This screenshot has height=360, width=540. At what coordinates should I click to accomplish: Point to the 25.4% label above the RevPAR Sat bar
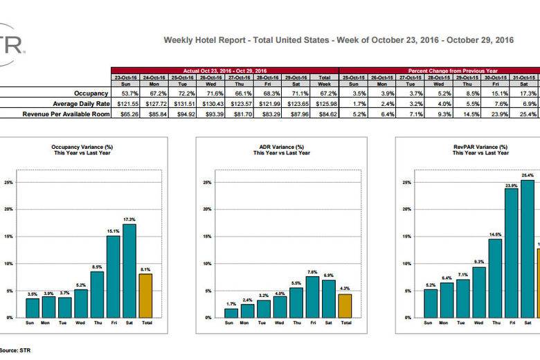528,175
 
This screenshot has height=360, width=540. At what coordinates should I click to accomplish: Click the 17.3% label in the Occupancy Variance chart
129,219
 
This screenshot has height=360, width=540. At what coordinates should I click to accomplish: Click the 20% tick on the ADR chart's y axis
206,210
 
